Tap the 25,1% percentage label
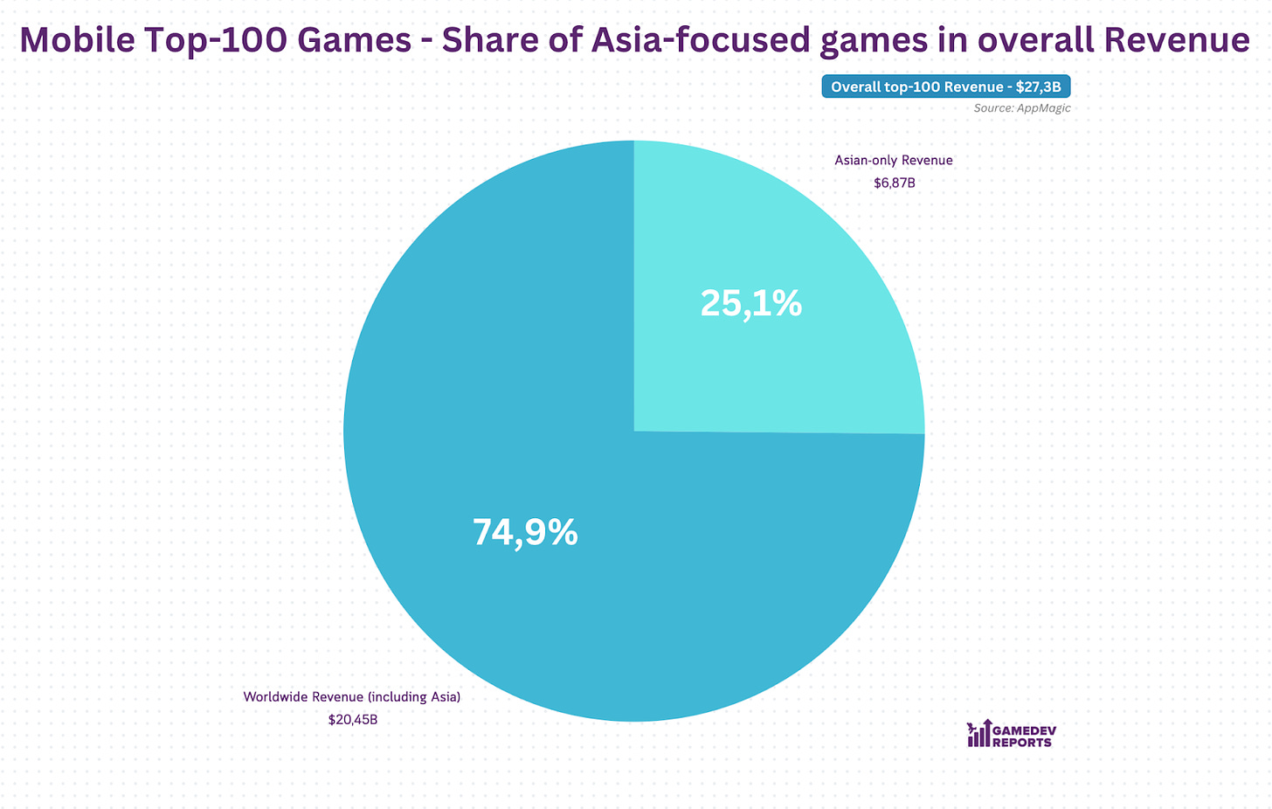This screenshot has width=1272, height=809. (751, 303)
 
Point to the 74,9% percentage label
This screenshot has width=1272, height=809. (525, 532)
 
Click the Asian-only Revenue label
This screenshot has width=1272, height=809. (893, 160)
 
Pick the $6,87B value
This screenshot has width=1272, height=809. (894, 183)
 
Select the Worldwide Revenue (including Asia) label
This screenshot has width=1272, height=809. (351, 697)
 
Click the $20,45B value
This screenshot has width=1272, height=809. (353, 720)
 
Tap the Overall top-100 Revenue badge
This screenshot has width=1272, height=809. (945, 86)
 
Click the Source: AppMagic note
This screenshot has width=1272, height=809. (1021, 108)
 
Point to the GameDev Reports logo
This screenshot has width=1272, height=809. (1010, 735)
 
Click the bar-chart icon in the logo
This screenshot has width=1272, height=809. (978, 735)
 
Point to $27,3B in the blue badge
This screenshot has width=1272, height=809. (1038, 86)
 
